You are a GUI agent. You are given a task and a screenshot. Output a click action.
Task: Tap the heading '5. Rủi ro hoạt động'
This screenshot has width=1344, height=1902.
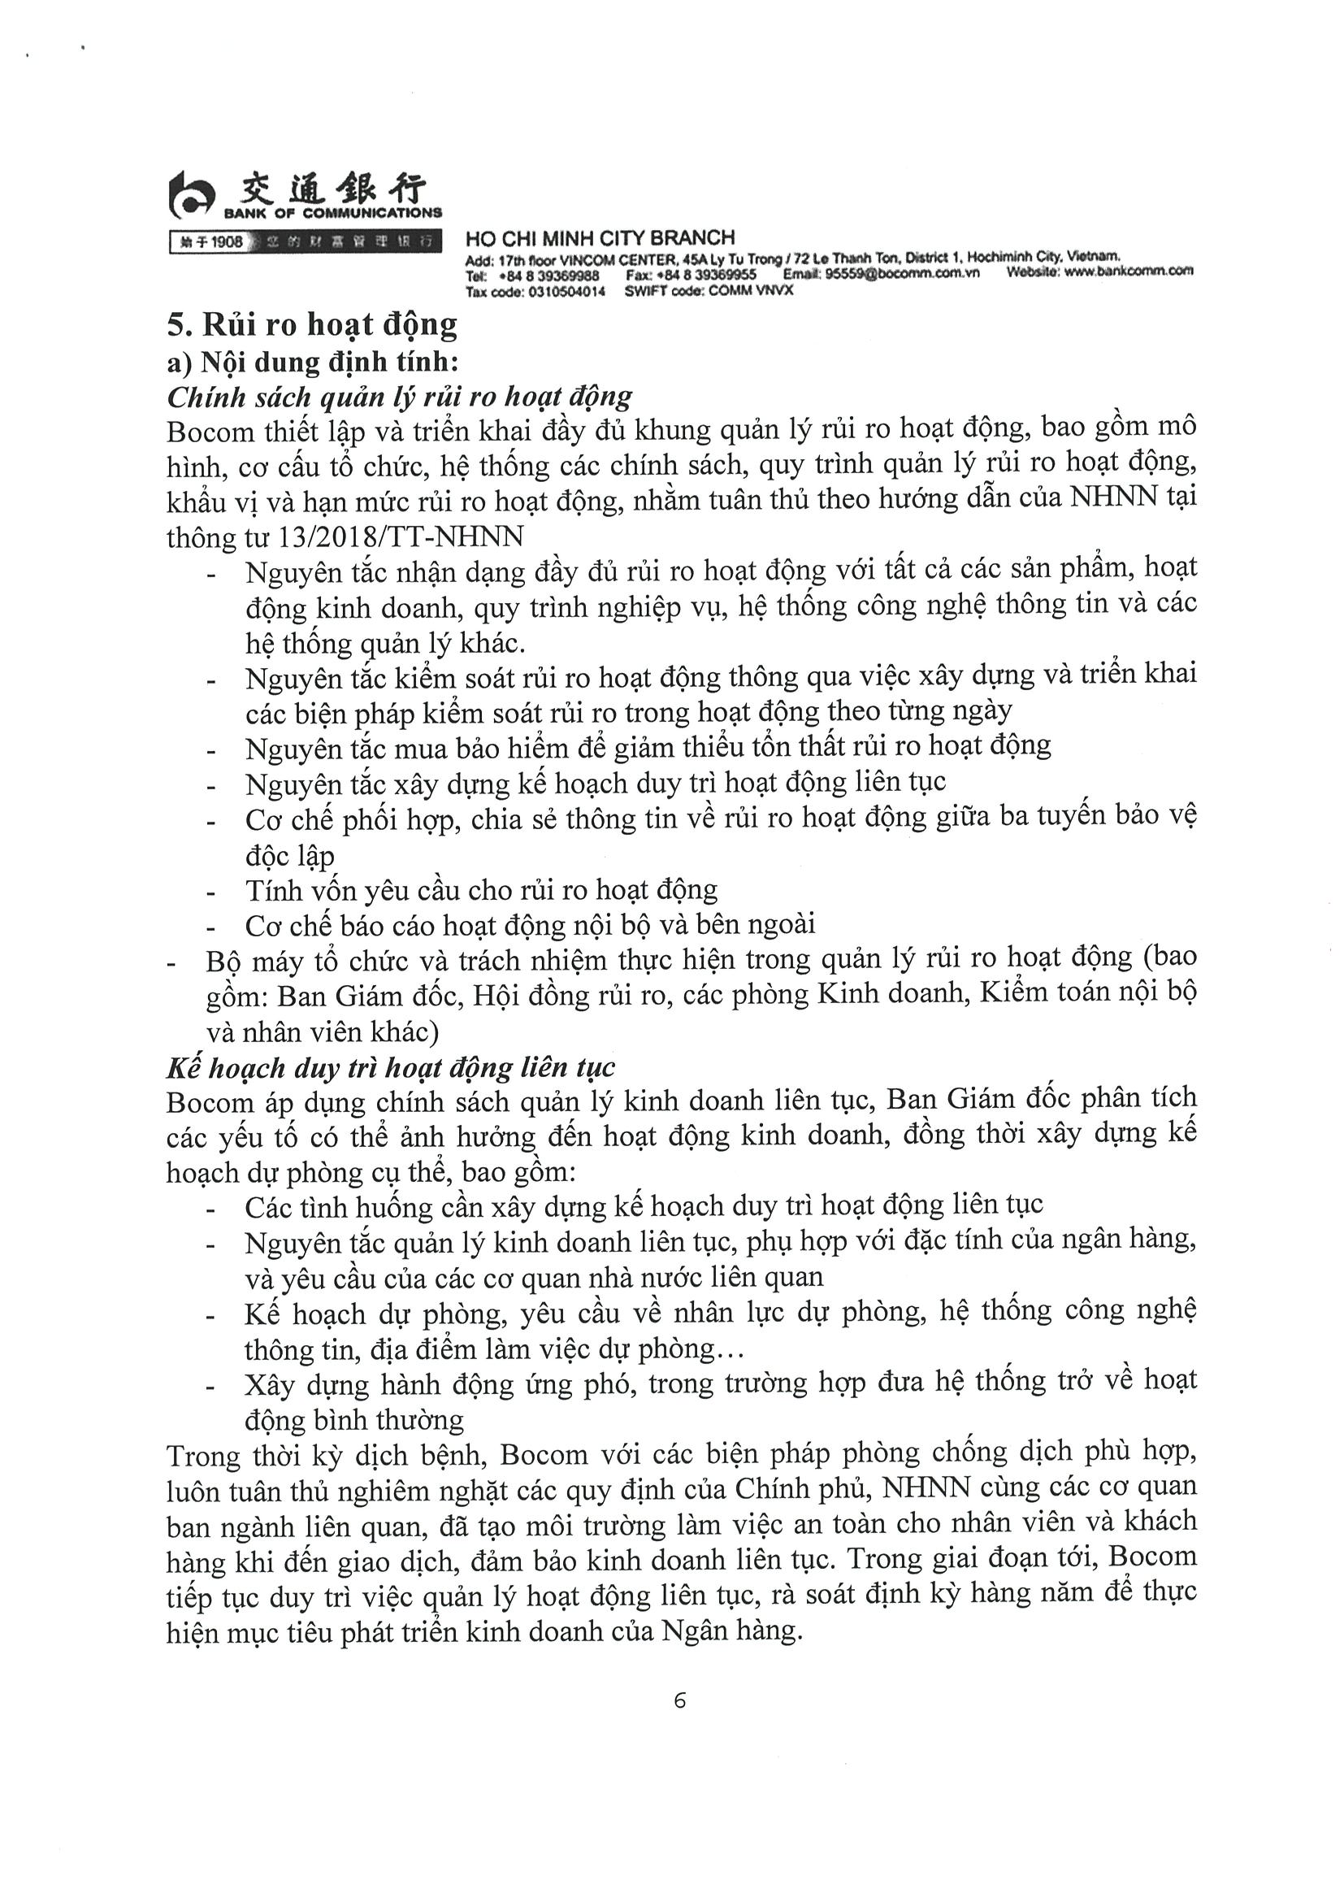point(311,325)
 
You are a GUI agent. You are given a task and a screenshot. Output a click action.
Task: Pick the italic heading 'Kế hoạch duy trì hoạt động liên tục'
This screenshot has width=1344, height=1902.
point(390,1067)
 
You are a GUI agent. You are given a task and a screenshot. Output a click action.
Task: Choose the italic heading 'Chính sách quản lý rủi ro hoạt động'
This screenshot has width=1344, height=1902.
point(399,397)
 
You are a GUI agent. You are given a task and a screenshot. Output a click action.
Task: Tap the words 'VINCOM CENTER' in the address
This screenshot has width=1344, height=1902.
point(626,258)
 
